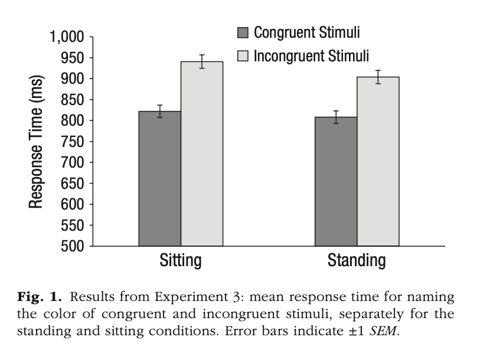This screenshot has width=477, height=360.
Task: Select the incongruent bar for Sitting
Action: point(201,153)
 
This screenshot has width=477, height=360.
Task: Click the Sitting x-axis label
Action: point(181,260)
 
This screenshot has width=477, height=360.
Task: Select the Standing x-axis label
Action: point(357,260)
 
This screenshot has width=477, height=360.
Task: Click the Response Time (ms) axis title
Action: point(37,142)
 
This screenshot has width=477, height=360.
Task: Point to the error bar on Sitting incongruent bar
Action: point(201,61)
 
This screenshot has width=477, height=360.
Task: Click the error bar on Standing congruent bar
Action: point(335,117)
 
